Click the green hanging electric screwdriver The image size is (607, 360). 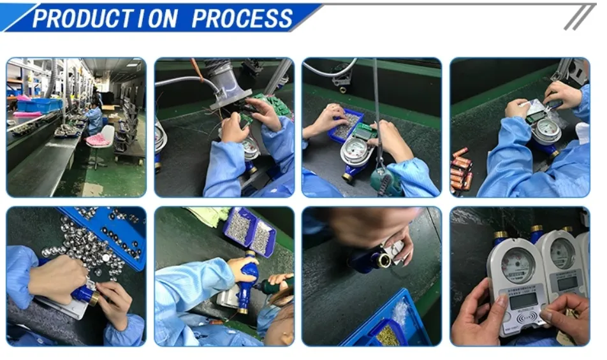(x=386, y=181)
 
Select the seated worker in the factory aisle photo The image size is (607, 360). (x=94, y=115)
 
